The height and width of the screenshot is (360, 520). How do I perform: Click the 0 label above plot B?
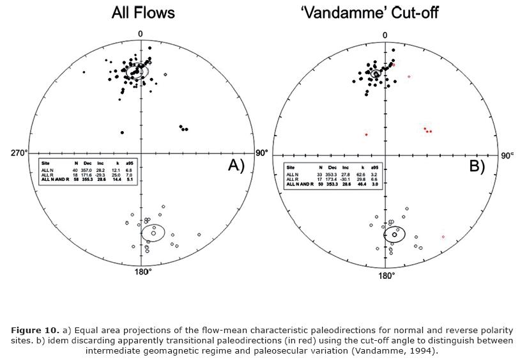[x=385, y=35]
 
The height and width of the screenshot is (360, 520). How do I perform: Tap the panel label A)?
[x=236, y=166]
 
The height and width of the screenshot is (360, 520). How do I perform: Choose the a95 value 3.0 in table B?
[x=375, y=184]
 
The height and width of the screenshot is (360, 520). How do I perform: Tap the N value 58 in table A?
[x=77, y=180]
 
